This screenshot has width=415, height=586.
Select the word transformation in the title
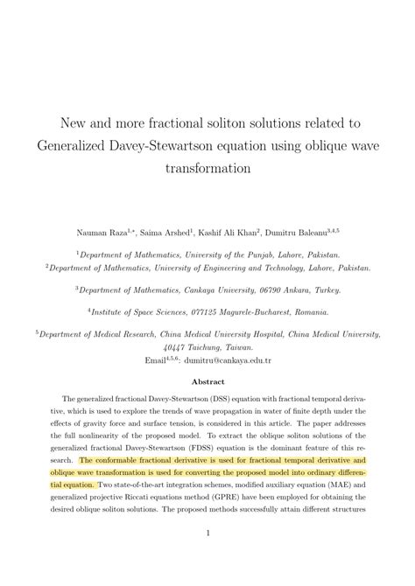click(207, 166)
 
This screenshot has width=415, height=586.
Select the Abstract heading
click(207, 381)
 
